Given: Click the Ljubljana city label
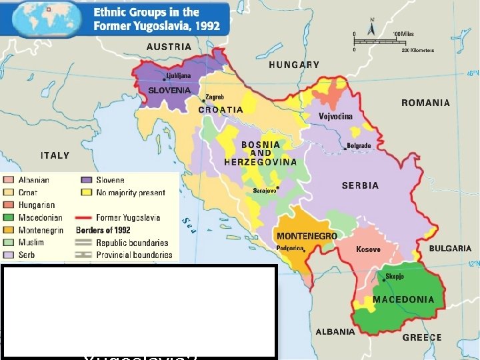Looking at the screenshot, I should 178,76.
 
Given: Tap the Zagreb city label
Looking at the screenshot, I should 215,97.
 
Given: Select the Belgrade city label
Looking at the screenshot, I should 358,145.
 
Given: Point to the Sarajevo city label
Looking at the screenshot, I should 264,190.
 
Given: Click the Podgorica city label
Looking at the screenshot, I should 290,249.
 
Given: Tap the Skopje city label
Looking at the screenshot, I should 395,276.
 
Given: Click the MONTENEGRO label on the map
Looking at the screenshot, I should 307,236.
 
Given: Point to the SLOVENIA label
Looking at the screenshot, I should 169,90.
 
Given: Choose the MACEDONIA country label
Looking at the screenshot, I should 403,299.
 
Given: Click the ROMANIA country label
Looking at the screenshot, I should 425,103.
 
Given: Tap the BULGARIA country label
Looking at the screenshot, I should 449,248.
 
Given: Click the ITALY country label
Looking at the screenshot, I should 55,155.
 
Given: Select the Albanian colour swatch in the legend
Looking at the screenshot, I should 9,180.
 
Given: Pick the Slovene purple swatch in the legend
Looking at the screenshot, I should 86,180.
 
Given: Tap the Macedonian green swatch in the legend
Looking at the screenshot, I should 9,217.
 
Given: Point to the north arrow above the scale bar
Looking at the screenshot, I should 373,29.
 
